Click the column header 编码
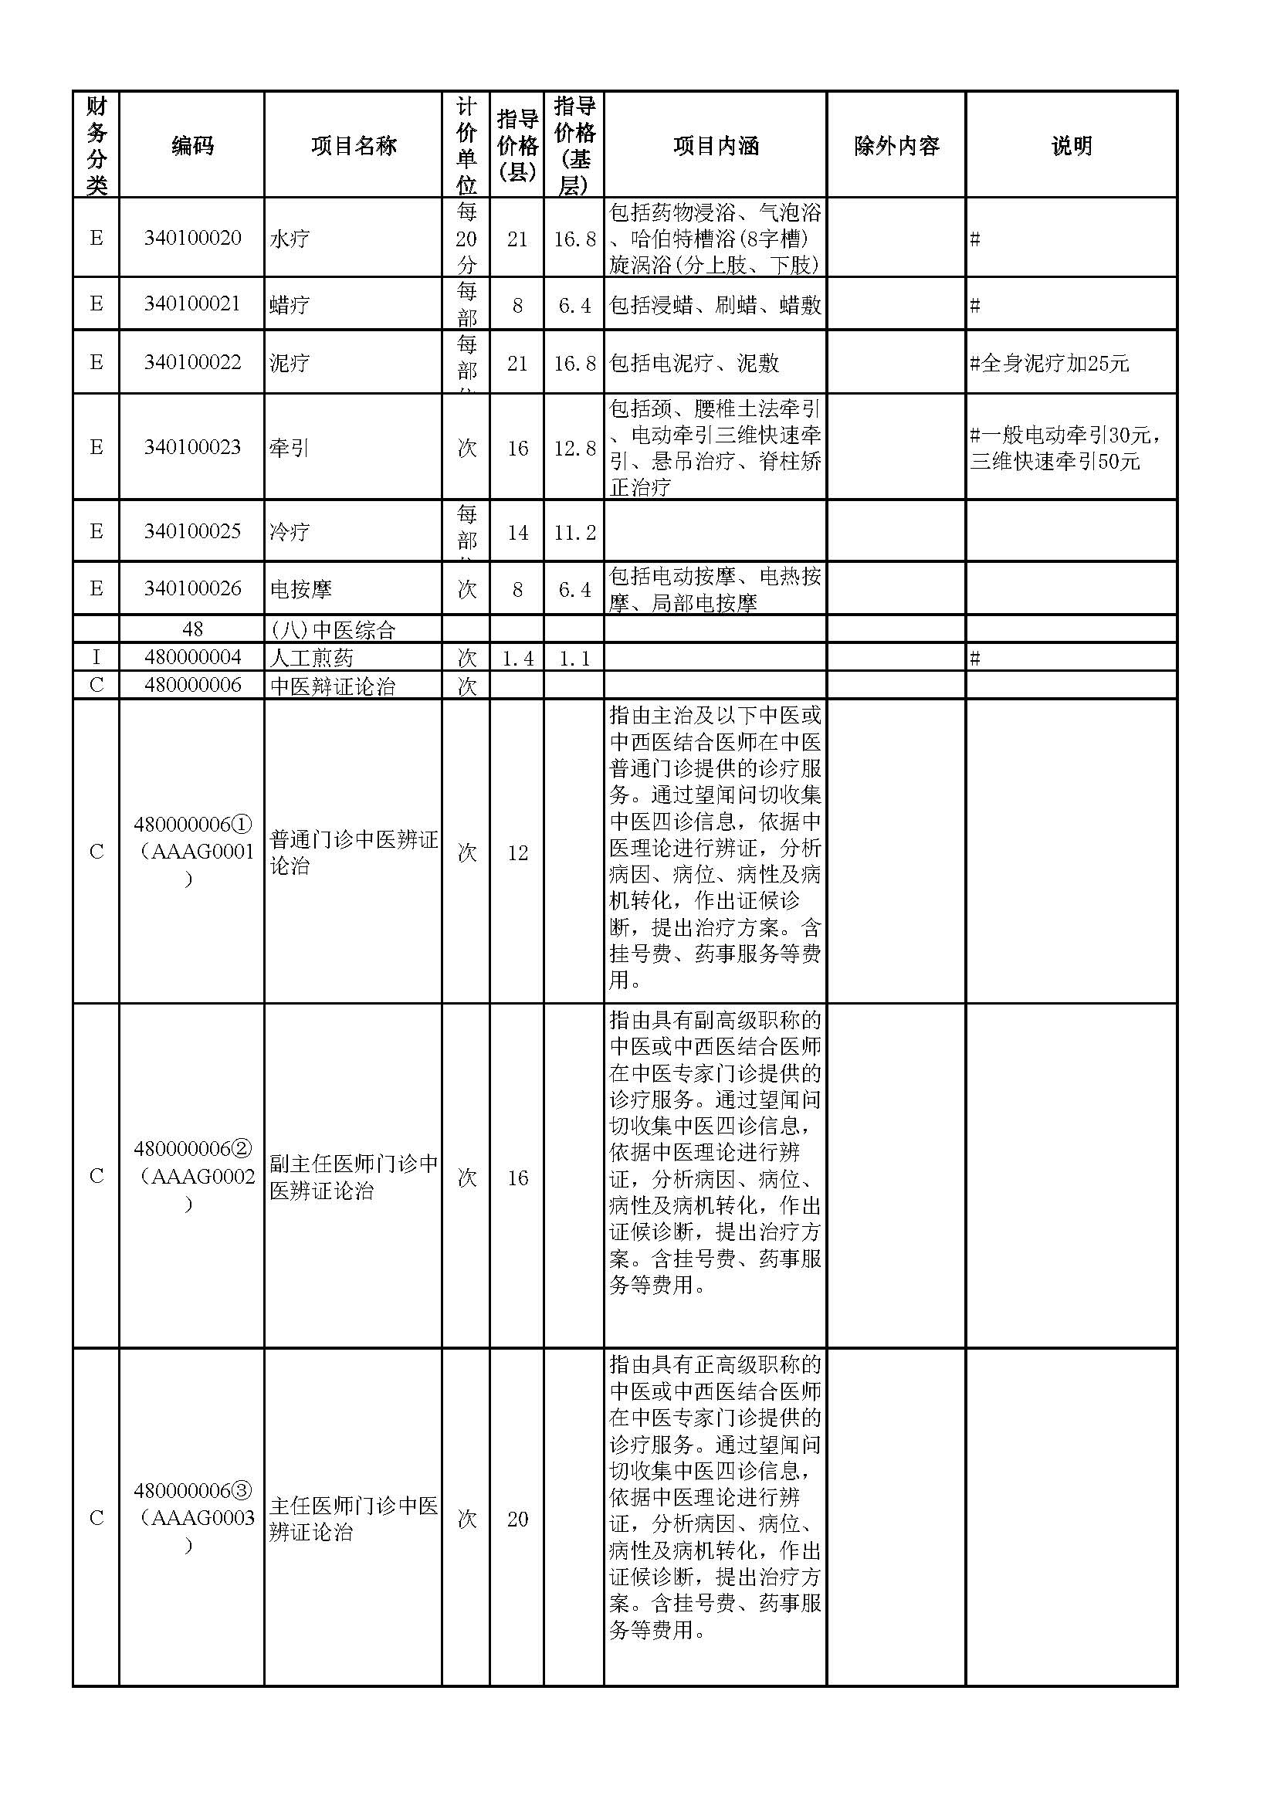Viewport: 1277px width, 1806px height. [192, 145]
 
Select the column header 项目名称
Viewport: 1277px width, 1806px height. [353, 145]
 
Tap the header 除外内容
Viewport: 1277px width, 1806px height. [896, 145]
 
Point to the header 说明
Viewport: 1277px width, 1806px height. [1071, 145]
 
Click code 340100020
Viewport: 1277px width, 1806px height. [192, 239]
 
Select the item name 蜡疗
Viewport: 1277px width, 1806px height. [290, 304]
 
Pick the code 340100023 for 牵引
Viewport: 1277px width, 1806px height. [192, 448]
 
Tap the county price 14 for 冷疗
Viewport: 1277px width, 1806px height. [517, 533]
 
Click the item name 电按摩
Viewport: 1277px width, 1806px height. [300, 589]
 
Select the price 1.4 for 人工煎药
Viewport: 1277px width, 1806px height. [517, 659]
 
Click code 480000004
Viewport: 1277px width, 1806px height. [192, 658]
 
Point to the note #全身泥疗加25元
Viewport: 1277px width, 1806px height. [1050, 364]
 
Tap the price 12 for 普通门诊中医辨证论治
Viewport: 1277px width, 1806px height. [517, 852]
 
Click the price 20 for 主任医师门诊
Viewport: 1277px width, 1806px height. [517, 1519]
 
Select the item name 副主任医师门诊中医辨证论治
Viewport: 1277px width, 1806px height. [353, 1177]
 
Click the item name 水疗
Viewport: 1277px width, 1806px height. [290, 239]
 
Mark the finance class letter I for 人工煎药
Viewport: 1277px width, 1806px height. [96, 658]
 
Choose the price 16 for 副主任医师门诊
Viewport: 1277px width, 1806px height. [517, 1177]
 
